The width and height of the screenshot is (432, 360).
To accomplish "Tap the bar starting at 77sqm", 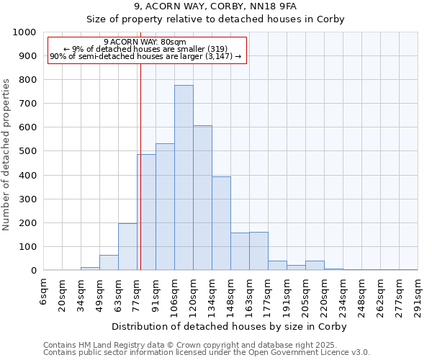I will (146, 212).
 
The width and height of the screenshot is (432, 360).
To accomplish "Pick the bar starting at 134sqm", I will (221, 223).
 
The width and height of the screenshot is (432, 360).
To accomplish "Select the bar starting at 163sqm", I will (258, 251).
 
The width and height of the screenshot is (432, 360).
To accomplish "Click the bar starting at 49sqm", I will (109, 263).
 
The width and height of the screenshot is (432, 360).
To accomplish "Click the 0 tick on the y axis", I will (32, 271).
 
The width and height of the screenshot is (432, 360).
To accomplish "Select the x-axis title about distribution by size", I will (230, 326).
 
